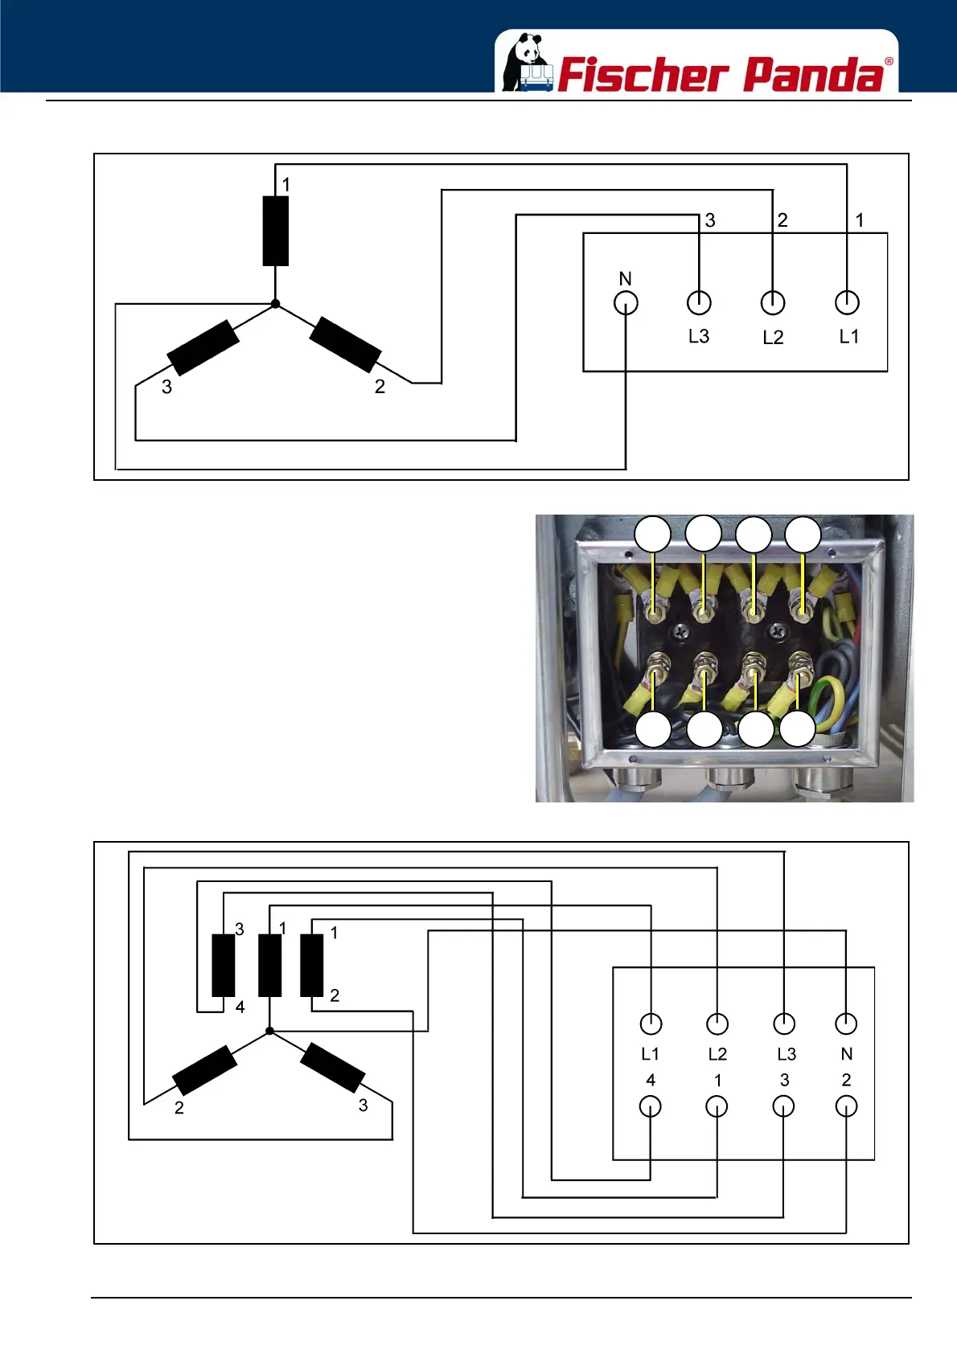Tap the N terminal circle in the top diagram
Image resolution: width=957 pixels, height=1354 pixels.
tap(626, 303)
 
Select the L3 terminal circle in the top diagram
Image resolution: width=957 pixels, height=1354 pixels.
tap(700, 302)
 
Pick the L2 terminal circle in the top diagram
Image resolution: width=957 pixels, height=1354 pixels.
tap(773, 302)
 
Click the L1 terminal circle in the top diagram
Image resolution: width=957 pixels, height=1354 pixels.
tap(847, 302)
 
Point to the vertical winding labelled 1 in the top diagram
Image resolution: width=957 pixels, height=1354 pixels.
tap(276, 230)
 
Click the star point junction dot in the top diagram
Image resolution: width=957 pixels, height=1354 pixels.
tap(275, 304)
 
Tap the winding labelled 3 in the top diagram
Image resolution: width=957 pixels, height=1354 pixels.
tap(203, 347)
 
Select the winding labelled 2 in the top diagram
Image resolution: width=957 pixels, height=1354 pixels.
tap(345, 344)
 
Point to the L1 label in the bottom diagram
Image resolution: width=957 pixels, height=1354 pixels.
tap(650, 1054)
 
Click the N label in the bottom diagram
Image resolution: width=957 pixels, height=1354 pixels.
tap(846, 1054)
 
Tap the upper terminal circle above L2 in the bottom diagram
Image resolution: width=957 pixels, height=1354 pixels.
tap(717, 1024)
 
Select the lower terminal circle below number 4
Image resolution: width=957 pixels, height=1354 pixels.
tap(650, 1107)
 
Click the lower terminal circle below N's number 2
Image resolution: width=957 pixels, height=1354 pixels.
tap(846, 1107)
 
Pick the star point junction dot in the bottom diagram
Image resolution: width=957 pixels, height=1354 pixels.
tap(270, 1031)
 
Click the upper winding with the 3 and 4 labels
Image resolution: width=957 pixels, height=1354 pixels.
tap(223, 966)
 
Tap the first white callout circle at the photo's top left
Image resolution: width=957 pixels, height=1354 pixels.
tap(653, 535)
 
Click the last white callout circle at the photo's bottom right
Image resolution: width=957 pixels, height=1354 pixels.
tap(798, 729)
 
